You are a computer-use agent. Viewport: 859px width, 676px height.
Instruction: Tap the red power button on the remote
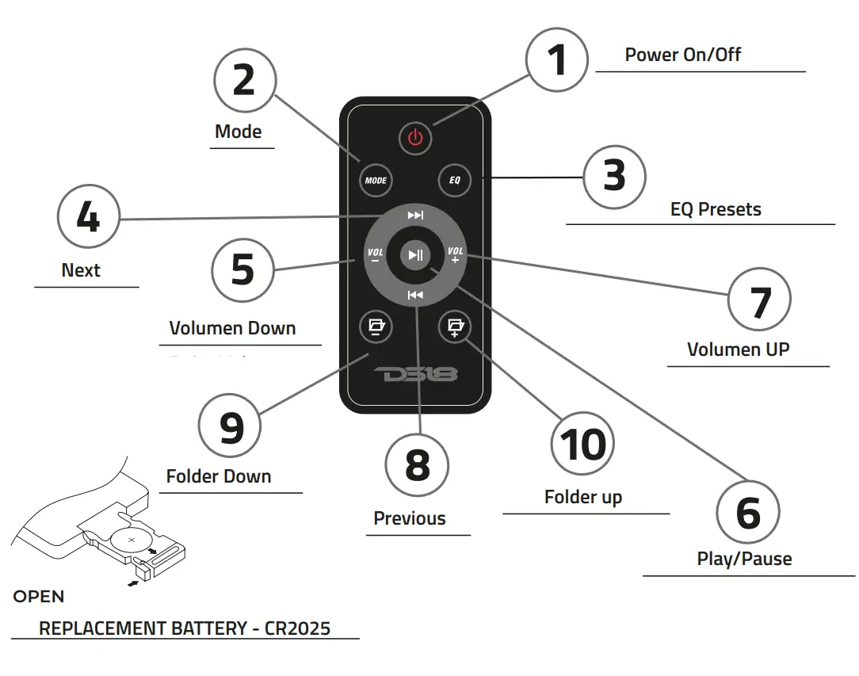point(414,138)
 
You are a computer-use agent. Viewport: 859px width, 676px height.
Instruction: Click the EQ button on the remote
point(454,180)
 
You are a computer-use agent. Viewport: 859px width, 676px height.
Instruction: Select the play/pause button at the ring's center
point(414,254)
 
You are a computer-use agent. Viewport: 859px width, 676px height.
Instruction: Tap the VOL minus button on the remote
point(375,255)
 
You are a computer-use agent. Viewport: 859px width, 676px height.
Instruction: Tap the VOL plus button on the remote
point(455,255)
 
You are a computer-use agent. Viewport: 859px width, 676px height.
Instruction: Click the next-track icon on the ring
point(415,216)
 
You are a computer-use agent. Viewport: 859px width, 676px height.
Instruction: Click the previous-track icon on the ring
point(415,295)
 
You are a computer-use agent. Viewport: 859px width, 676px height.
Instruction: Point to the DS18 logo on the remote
point(414,375)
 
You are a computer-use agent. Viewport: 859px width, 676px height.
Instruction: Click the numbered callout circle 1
point(558,59)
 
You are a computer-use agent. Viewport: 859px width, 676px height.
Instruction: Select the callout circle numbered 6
point(747,512)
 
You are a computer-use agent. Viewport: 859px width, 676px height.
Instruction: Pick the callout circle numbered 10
point(582,444)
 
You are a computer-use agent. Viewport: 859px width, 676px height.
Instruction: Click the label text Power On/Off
point(683,55)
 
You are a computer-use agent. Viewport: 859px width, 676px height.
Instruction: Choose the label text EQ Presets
point(716,210)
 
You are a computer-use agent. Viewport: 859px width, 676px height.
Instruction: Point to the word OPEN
point(39,597)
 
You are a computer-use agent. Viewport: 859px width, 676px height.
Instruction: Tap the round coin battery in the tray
point(132,541)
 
